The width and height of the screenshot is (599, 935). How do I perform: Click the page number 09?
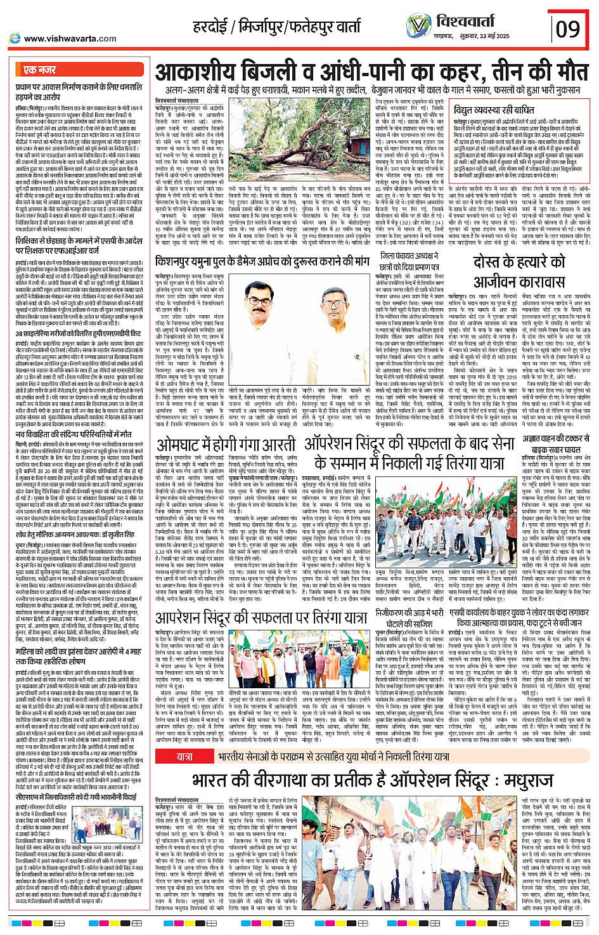click(568, 29)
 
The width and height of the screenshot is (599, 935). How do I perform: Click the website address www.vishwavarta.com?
click(70, 39)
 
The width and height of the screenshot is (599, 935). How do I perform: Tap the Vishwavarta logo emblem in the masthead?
click(419, 25)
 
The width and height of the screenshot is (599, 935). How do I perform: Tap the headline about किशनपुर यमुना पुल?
click(262, 260)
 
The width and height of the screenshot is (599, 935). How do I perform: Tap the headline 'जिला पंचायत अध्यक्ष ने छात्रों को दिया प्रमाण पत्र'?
click(404, 261)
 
